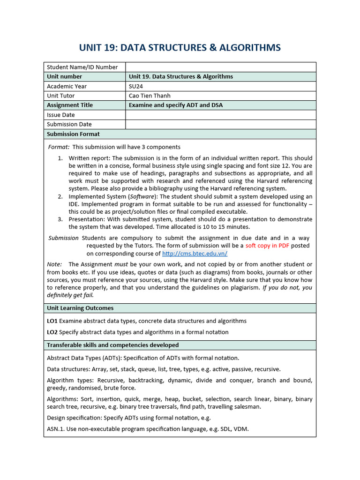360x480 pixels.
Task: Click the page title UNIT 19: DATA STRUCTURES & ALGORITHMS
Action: pos(180,47)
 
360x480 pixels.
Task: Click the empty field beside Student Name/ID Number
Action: pos(220,67)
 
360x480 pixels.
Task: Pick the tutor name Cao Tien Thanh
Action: pos(150,96)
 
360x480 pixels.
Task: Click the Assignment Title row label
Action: pos(70,105)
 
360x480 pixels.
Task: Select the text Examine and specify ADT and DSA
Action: pos(175,105)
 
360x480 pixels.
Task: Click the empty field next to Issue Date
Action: pos(220,115)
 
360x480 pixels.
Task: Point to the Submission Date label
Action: pos(69,124)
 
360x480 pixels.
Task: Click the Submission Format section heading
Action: pos(73,134)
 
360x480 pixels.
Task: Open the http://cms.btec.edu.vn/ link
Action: pos(195,254)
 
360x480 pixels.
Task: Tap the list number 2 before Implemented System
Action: pos(60,196)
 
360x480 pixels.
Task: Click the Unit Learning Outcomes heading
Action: pos(80,308)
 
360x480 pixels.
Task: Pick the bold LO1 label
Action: pos(52,321)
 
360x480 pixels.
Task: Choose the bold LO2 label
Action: pos(52,332)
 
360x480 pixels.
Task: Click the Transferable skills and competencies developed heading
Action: pos(112,345)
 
